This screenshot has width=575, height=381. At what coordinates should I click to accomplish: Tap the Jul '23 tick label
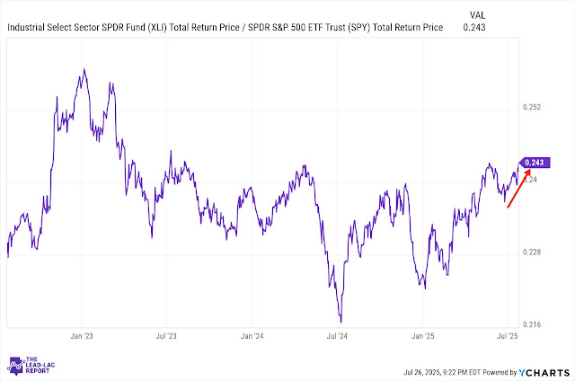[x=165, y=335]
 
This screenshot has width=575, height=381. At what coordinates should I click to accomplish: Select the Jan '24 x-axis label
[x=252, y=335]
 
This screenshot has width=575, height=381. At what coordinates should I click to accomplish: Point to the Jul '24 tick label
[x=339, y=335]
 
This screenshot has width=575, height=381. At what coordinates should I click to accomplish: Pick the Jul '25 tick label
[x=508, y=335]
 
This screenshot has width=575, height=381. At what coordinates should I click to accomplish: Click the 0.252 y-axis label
[x=533, y=108]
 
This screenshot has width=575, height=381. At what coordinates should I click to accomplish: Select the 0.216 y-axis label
[x=533, y=323]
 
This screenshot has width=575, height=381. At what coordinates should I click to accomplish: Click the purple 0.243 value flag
[x=535, y=163]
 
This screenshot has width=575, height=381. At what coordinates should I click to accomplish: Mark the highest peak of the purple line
[x=84, y=69]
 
